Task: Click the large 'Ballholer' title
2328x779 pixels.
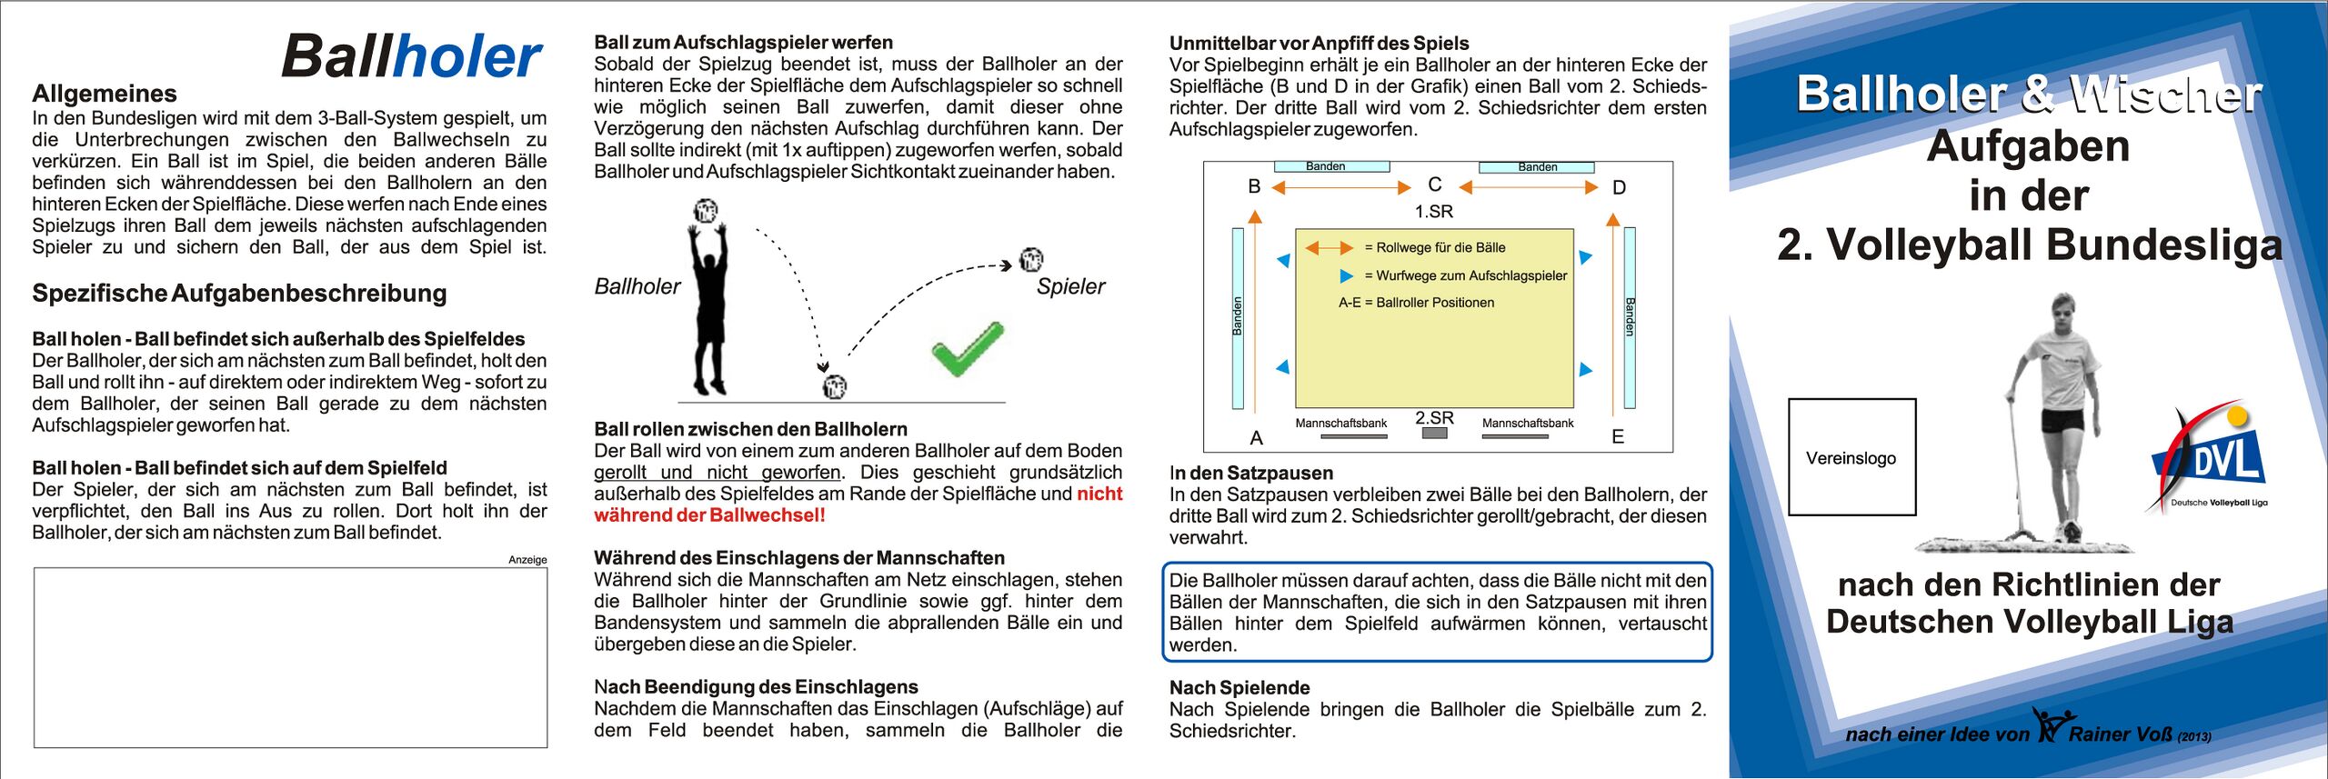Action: [412, 57]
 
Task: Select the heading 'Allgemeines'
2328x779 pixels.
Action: [105, 94]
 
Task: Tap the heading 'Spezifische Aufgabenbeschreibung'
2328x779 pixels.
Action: [239, 294]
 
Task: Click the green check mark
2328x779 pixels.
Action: [967, 349]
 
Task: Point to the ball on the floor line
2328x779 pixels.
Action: [834, 387]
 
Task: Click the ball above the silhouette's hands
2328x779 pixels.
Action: [706, 211]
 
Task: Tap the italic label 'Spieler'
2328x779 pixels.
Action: [1070, 286]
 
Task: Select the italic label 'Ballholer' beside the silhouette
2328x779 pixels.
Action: [637, 286]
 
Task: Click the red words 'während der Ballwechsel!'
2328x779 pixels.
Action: [709, 515]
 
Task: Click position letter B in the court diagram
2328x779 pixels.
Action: [1254, 187]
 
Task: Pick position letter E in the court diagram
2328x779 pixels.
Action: [1618, 437]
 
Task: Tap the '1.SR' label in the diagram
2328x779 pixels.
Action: [1434, 212]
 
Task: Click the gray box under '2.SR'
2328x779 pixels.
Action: [1434, 434]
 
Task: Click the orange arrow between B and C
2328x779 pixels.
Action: [1340, 188]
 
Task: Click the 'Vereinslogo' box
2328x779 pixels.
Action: [1851, 457]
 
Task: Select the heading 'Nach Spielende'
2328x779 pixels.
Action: [1239, 688]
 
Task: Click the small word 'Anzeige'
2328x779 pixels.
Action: [527, 560]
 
